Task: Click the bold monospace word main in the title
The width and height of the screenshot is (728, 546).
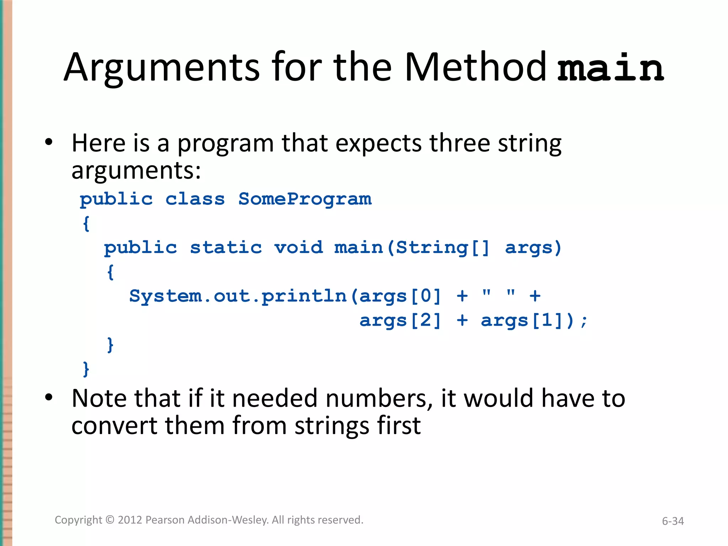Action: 610,68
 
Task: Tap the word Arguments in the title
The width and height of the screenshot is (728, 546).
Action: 162,68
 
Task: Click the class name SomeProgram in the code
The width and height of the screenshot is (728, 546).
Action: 305,199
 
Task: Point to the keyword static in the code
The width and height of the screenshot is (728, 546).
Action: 226,247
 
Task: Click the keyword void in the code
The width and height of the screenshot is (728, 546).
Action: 299,247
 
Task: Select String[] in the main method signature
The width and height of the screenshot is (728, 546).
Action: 443,247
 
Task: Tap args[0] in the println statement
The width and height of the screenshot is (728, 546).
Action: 400,296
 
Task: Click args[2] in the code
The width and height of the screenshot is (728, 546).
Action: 400,321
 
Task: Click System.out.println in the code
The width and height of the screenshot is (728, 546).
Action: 237,296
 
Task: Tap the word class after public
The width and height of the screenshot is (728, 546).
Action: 195,199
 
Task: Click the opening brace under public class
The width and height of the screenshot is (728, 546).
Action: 86,224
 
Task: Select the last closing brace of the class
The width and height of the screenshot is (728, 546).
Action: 86,369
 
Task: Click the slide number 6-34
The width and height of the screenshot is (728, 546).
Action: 673,521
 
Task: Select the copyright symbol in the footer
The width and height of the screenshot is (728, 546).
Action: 110,520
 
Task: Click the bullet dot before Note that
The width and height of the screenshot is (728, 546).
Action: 49,397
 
